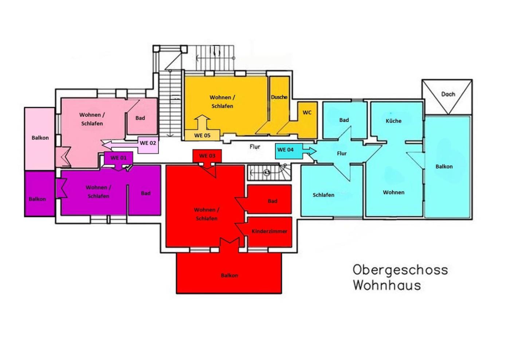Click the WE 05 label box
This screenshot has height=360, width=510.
202,135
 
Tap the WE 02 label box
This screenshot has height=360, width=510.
148,145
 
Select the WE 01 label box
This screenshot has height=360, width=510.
118,158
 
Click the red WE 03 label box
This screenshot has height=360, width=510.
207,156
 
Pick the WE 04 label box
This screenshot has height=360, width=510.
289,151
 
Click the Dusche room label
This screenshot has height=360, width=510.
279,97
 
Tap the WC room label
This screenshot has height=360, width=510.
307,112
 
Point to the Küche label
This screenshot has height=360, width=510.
393,121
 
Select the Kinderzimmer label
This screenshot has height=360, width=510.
269,232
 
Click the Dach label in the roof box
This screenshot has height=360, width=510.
448,94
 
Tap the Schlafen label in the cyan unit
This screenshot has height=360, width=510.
323,195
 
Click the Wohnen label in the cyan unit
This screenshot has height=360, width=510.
394,193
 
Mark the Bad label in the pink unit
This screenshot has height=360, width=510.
140,118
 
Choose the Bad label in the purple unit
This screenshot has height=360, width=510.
145,193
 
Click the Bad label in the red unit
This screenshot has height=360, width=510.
272,201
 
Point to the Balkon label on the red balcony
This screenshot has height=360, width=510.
229,276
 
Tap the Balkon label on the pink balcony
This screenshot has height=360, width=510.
40,138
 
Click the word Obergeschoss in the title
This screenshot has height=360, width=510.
400,270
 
